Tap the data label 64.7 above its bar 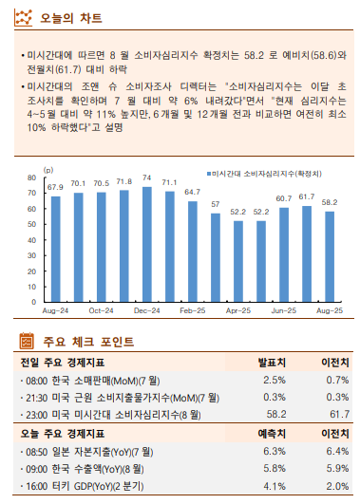pos(192,192)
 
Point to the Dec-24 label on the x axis pos(146,309)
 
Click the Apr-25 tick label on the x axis pos(237,309)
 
